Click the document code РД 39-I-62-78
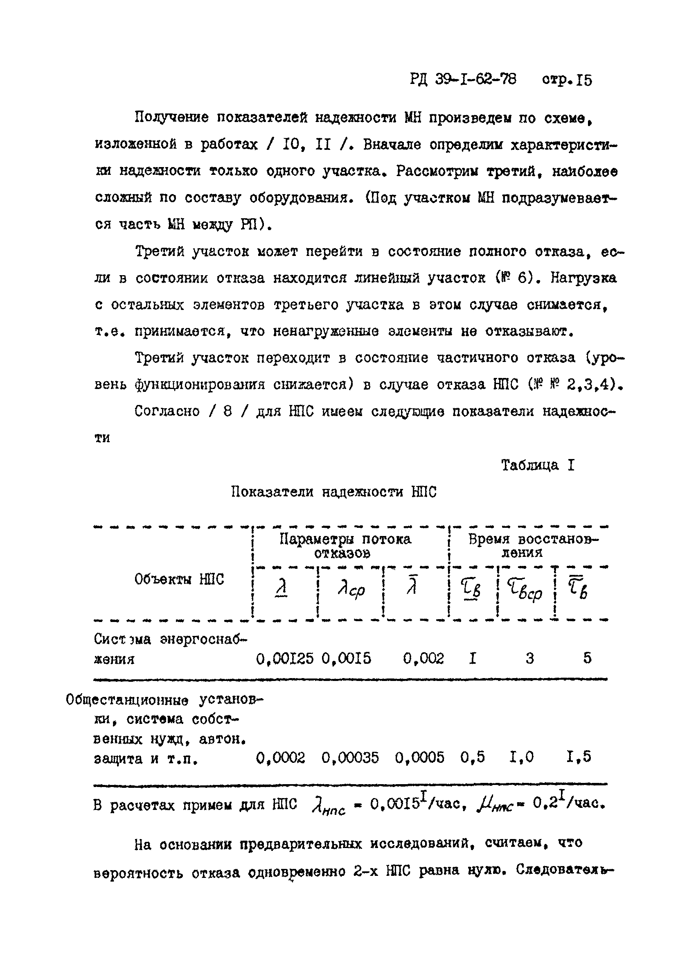[x=463, y=79]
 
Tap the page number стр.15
[x=567, y=80]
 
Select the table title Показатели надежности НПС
[x=334, y=492]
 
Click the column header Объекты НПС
[x=179, y=580]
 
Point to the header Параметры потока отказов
[x=345, y=545]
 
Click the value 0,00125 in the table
[x=284, y=658]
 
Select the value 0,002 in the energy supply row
[x=423, y=658]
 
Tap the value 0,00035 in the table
[x=350, y=758]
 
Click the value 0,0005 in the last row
[x=419, y=758]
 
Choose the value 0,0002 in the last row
[x=280, y=758]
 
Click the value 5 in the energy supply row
[x=587, y=658]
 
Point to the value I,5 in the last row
[x=579, y=758]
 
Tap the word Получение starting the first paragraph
[x=171, y=118]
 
